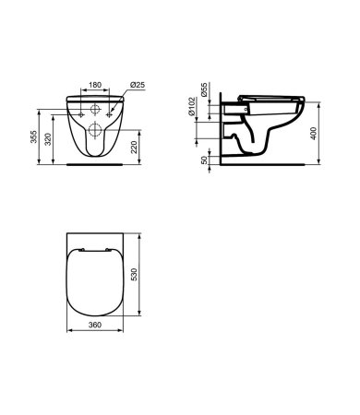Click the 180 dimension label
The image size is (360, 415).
(x=95, y=85)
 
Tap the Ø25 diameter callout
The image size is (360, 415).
(x=138, y=85)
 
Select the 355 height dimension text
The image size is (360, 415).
(x=33, y=136)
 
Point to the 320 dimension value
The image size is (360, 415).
(x=48, y=139)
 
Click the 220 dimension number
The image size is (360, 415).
(x=134, y=147)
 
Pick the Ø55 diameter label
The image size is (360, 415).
(x=204, y=89)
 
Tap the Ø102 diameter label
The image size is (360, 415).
(x=191, y=106)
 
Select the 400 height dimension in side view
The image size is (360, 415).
(x=314, y=134)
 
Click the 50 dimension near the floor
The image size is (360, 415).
(x=204, y=160)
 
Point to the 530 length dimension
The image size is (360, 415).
(x=134, y=274)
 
